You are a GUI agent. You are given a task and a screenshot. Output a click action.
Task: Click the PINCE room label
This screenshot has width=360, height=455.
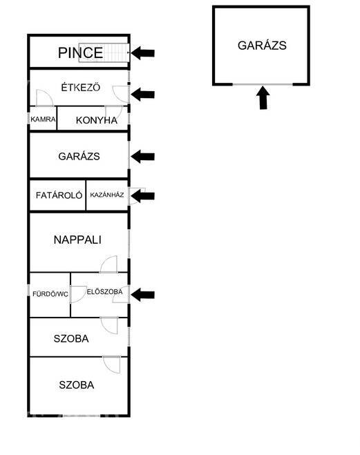pyautogui.click(x=80, y=52)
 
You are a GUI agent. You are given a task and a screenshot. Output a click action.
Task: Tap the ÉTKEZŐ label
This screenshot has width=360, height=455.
pyautogui.click(x=80, y=88)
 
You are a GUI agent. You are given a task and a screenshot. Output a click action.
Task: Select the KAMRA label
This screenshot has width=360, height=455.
pyautogui.click(x=43, y=119)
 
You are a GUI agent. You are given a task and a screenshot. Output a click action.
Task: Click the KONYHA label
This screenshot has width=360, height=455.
pyautogui.click(x=96, y=120)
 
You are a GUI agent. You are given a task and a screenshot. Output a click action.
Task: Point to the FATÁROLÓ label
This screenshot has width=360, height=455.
pyautogui.click(x=59, y=195)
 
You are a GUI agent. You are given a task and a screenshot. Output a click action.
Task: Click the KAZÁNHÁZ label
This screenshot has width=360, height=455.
pyautogui.click(x=107, y=195)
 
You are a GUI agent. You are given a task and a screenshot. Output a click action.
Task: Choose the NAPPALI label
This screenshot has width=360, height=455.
pyautogui.click(x=77, y=240)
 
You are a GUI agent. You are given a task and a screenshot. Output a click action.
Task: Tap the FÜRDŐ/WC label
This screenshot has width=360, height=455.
pyautogui.click(x=50, y=294)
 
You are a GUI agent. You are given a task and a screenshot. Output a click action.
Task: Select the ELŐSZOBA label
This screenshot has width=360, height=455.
pyautogui.click(x=104, y=291)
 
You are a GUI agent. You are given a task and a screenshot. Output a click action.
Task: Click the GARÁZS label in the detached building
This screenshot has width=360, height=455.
pyautogui.click(x=262, y=46)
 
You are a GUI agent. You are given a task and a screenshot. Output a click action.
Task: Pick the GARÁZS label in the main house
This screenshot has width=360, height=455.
pyautogui.click(x=79, y=157)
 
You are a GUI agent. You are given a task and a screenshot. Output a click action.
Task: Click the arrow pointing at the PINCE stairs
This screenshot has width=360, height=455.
pyautogui.click(x=142, y=53)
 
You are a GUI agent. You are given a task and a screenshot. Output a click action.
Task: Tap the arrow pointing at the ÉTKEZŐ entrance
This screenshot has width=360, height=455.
pyautogui.click(x=142, y=95)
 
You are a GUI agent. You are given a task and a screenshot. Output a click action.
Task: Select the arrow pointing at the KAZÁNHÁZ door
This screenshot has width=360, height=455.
pyautogui.click(x=142, y=196)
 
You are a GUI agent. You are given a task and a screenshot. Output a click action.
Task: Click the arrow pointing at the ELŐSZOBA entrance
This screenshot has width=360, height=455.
pyautogui.click(x=142, y=295)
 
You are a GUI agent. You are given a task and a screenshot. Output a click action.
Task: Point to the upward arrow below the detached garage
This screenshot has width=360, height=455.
pyautogui.click(x=263, y=97)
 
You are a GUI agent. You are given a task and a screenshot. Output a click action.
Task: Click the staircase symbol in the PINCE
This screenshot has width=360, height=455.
pyautogui.click(x=104, y=52)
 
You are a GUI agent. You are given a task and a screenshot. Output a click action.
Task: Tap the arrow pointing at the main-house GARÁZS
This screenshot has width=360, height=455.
pyautogui.click(x=142, y=157)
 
